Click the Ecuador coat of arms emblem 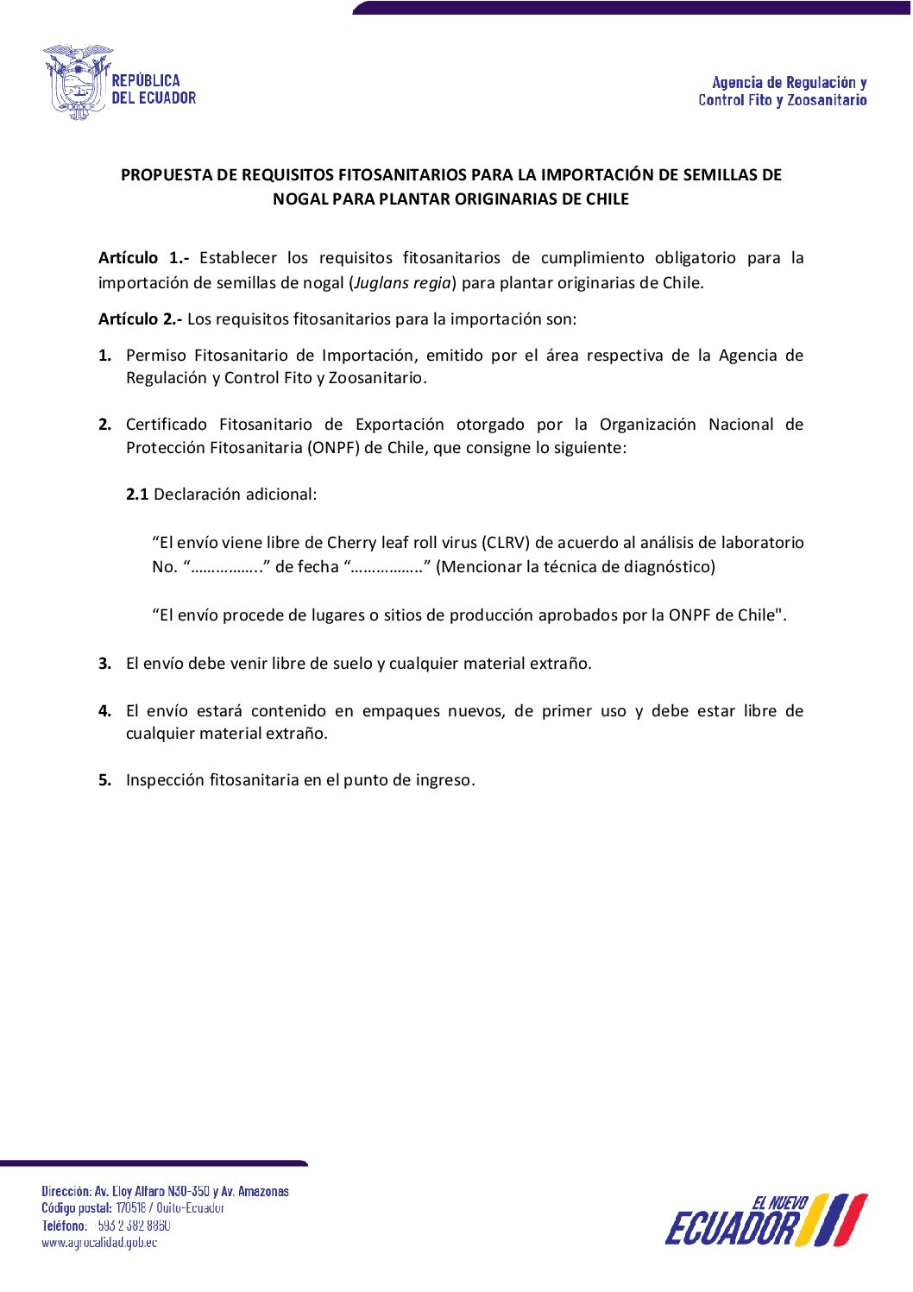[x=78, y=82]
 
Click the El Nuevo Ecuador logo [x=765, y=1220]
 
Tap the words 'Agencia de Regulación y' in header [x=789, y=83]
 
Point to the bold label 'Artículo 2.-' [x=140, y=319]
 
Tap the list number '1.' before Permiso [x=104, y=356]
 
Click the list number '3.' [x=104, y=664]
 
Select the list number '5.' [x=104, y=780]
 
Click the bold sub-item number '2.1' [x=137, y=495]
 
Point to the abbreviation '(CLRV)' [x=506, y=543]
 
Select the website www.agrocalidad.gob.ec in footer [x=99, y=1243]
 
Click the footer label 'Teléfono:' [x=65, y=1226]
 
